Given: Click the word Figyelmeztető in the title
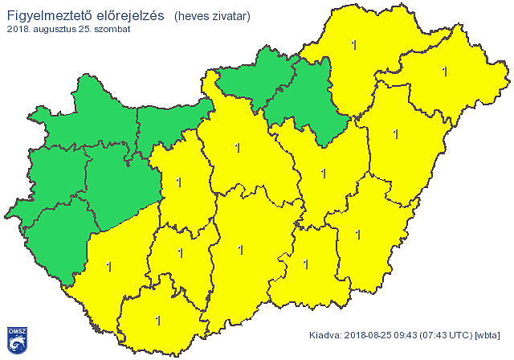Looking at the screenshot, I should [47, 14].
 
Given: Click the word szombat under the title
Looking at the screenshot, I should [111, 29].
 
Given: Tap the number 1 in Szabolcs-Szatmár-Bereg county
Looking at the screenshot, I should [444, 72].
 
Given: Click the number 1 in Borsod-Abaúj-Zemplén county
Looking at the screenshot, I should [353, 45].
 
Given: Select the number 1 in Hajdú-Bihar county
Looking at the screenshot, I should [394, 133].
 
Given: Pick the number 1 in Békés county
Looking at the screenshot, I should [358, 235].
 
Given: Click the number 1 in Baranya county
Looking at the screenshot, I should [157, 321].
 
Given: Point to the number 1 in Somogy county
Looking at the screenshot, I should [108, 265].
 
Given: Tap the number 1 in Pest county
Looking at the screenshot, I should [236, 147].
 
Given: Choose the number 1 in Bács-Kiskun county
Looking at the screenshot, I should [240, 250].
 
